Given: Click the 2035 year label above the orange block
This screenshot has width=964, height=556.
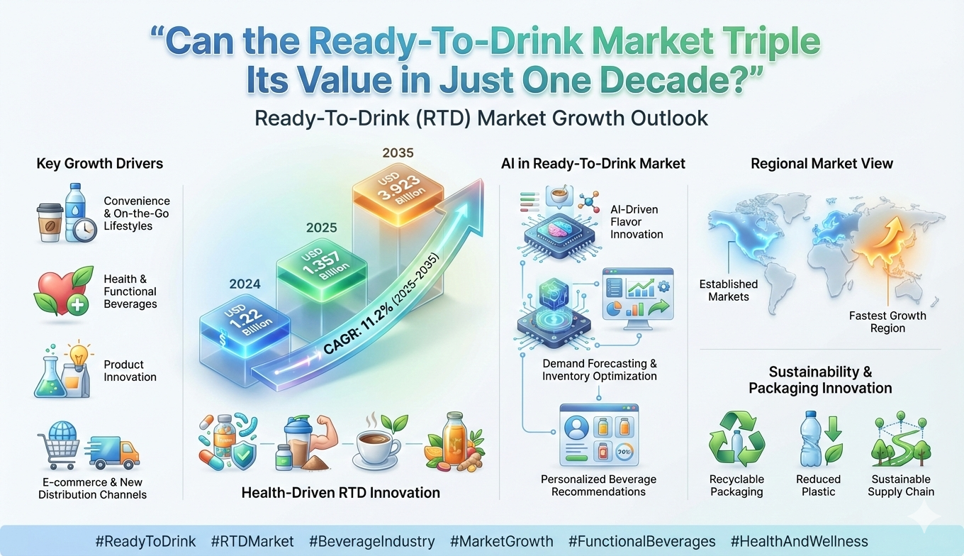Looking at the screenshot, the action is (x=398, y=153).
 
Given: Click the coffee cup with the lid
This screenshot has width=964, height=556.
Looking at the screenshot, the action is (x=50, y=223).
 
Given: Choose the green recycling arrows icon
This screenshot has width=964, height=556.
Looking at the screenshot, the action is (x=736, y=439).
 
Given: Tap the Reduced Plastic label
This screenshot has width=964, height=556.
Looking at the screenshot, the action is (x=818, y=485).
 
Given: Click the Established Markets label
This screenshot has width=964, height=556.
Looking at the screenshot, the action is (x=728, y=290).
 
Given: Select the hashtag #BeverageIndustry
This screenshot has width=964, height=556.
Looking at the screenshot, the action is (x=372, y=541).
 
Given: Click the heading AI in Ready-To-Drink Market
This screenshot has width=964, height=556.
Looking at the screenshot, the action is (x=593, y=163).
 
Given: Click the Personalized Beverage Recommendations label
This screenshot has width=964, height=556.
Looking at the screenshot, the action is (x=598, y=485).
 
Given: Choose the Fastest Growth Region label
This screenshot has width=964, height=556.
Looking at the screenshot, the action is (x=887, y=322).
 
